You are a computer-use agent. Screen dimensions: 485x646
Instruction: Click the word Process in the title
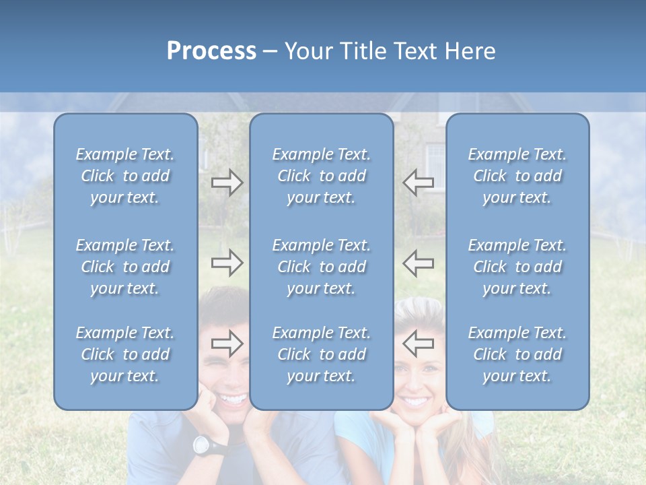211,51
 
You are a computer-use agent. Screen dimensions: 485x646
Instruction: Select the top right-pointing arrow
227,183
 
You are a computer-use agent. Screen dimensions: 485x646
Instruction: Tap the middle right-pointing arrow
227,263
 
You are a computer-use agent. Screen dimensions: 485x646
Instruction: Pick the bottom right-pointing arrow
227,344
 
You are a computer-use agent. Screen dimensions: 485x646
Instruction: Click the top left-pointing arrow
419,183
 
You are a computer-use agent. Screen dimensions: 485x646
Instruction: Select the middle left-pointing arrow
419,263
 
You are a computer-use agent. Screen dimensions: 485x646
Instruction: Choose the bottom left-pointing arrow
419,344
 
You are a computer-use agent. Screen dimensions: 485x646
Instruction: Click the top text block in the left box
125,176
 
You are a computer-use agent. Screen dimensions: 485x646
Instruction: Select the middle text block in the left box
125,267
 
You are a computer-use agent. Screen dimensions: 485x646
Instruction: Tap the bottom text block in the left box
125,354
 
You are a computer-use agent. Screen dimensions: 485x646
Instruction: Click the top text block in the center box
321,176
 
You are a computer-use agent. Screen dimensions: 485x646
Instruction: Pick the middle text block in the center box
321,267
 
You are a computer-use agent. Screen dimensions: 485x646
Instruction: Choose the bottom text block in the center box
321,354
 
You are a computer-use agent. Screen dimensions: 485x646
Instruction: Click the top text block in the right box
517,176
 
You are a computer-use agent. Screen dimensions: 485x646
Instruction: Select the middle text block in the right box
517,267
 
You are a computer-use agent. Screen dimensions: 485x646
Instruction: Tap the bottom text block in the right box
517,354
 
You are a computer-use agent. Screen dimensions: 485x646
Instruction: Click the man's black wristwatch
202,445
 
